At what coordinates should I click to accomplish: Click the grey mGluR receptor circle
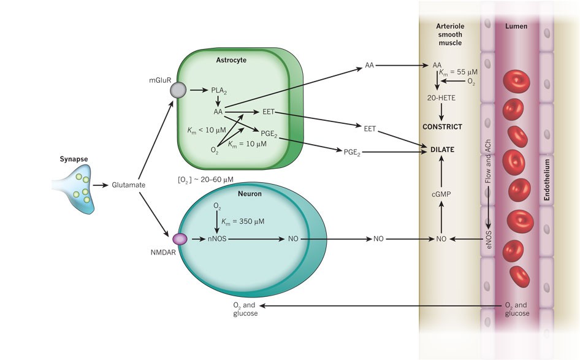point(178,91)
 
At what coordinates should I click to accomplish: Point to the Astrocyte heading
point(231,59)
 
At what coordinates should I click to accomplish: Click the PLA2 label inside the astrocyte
point(219,91)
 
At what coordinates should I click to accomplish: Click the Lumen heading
point(515,26)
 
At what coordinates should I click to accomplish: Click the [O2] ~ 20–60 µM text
point(205,178)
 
